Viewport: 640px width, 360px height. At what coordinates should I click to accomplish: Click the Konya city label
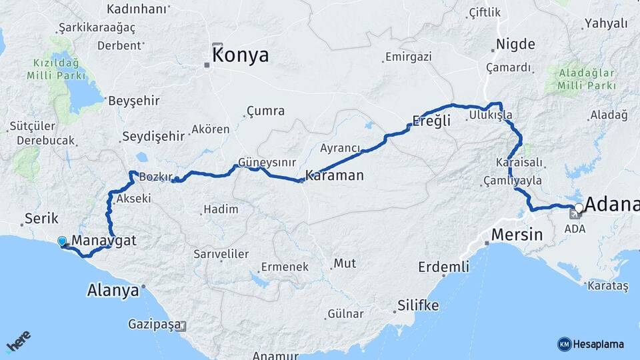tap(241, 55)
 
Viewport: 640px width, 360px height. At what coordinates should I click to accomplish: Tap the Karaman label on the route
tap(334, 176)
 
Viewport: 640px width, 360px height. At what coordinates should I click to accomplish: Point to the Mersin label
tap(517, 235)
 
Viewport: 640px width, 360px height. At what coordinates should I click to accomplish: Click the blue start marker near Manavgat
tap(63, 241)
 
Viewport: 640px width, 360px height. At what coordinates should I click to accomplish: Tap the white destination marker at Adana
tap(579, 209)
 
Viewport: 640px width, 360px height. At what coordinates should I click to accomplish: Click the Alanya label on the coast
tap(113, 290)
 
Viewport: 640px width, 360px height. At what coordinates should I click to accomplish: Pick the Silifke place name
tap(418, 305)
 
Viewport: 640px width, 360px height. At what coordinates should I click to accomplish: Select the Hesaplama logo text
tap(599, 344)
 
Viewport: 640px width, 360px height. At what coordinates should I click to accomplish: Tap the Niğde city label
tap(515, 44)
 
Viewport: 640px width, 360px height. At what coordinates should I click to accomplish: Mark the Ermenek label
tap(285, 267)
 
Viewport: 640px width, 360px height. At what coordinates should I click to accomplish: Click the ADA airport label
tap(574, 229)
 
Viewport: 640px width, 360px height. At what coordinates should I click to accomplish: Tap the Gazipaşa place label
tap(155, 325)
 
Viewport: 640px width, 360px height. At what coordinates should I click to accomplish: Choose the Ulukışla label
tap(490, 115)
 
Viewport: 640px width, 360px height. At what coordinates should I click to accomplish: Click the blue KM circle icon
tap(564, 344)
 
